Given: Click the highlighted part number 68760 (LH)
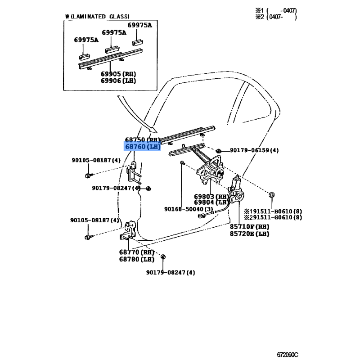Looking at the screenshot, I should click(x=142, y=147).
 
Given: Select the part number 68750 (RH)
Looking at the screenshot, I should click(x=142, y=140).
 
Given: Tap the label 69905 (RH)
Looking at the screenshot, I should click(x=118, y=74).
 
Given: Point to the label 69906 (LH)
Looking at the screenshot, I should click(x=118, y=81).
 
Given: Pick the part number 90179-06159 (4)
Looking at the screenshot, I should click(x=254, y=150).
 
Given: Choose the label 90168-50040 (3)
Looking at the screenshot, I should click(x=188, y=209).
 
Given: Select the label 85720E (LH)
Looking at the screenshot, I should click(x=249, y=234).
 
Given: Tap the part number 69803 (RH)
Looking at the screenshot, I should click(x=211, y=197).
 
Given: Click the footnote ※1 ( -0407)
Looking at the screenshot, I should click(x=282, y=10).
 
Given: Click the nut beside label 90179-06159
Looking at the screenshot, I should click(x=219, y=150).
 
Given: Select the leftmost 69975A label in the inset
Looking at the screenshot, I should click(x=86, y=40).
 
